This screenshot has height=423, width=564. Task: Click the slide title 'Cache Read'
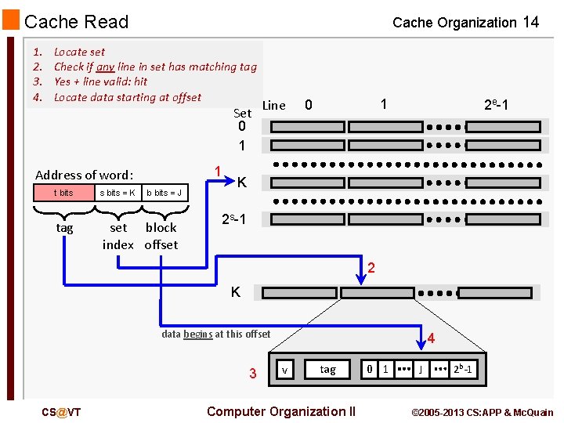[76, 22]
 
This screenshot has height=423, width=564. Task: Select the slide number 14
[530, 22]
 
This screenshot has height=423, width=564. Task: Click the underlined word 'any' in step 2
[105, 67]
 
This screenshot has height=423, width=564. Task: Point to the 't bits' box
[63, 193]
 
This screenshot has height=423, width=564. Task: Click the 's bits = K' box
[117, 193]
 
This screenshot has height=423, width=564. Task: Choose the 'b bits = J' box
[164, 193]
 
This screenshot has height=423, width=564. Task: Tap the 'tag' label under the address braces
[64, 228]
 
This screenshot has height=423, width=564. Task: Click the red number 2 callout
[372, 269]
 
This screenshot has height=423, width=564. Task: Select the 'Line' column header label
[273, 105]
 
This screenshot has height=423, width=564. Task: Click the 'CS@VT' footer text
[61, 412]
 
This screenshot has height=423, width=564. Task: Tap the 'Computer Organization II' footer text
[280, 411]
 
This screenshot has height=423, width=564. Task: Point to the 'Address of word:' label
[85, 175]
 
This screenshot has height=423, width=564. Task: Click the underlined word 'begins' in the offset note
[198, 334]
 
